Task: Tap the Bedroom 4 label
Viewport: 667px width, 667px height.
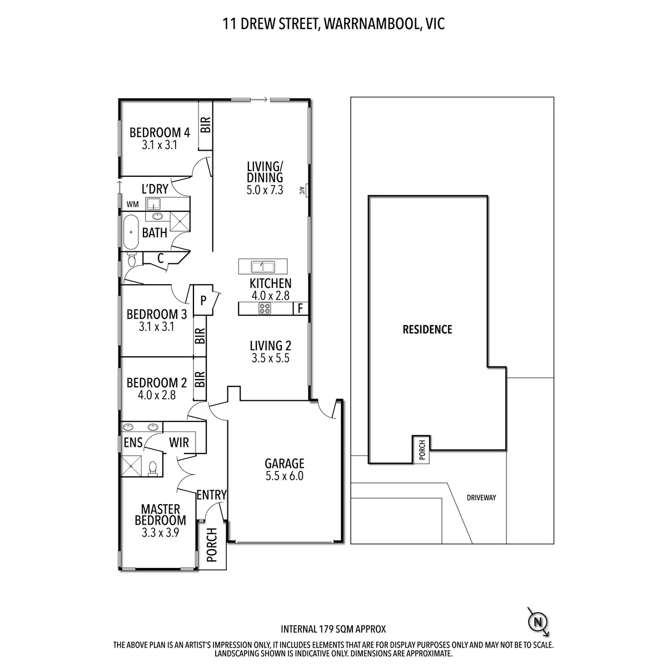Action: (160, 132)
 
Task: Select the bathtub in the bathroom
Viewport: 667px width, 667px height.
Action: (131, 232)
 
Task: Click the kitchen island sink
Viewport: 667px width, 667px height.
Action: (260, 266)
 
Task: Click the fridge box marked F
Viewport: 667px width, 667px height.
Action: (300, 308)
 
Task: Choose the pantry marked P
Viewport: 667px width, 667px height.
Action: (203, 300)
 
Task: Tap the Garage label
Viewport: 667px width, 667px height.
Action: (284, 463)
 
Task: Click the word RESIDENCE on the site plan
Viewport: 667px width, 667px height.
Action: (427, 329)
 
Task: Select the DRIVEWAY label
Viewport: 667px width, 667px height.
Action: (481, 497)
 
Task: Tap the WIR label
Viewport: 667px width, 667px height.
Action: (179, 442)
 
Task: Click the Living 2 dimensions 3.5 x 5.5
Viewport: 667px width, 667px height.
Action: (270, 359)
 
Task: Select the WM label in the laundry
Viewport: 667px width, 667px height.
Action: (132, 204)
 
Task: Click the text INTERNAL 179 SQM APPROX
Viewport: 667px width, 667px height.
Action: (333, 629)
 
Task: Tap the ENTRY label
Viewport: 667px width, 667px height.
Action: (211, 495)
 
